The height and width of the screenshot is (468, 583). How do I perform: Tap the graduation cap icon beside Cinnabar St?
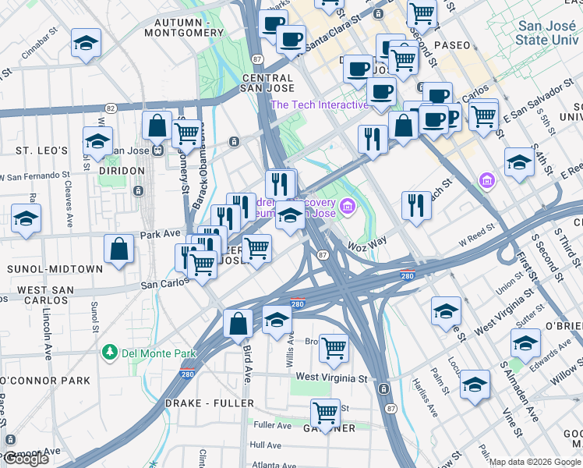(87, 43)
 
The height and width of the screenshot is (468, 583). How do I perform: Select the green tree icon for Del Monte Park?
(111, 353)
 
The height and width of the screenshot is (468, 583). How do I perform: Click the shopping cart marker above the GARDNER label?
(325, 412)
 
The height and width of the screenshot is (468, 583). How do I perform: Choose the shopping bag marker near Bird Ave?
(238, 323)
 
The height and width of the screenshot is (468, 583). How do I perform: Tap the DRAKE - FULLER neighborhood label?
(210, 403)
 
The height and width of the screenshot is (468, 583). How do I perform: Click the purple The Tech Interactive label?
(319, 105)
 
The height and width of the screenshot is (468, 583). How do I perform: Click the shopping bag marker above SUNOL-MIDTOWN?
(118, 250)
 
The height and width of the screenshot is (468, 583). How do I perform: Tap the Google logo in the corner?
(26, 459)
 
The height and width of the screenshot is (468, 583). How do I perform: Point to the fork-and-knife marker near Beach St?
(417, 206)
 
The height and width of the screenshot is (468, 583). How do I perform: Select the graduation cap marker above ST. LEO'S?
(97, 142)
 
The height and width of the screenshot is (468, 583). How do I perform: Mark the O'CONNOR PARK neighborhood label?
(45, 381)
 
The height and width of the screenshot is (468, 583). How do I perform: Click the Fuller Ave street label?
(272, 425)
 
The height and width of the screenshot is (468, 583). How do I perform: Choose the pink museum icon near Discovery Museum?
(348, 207)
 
